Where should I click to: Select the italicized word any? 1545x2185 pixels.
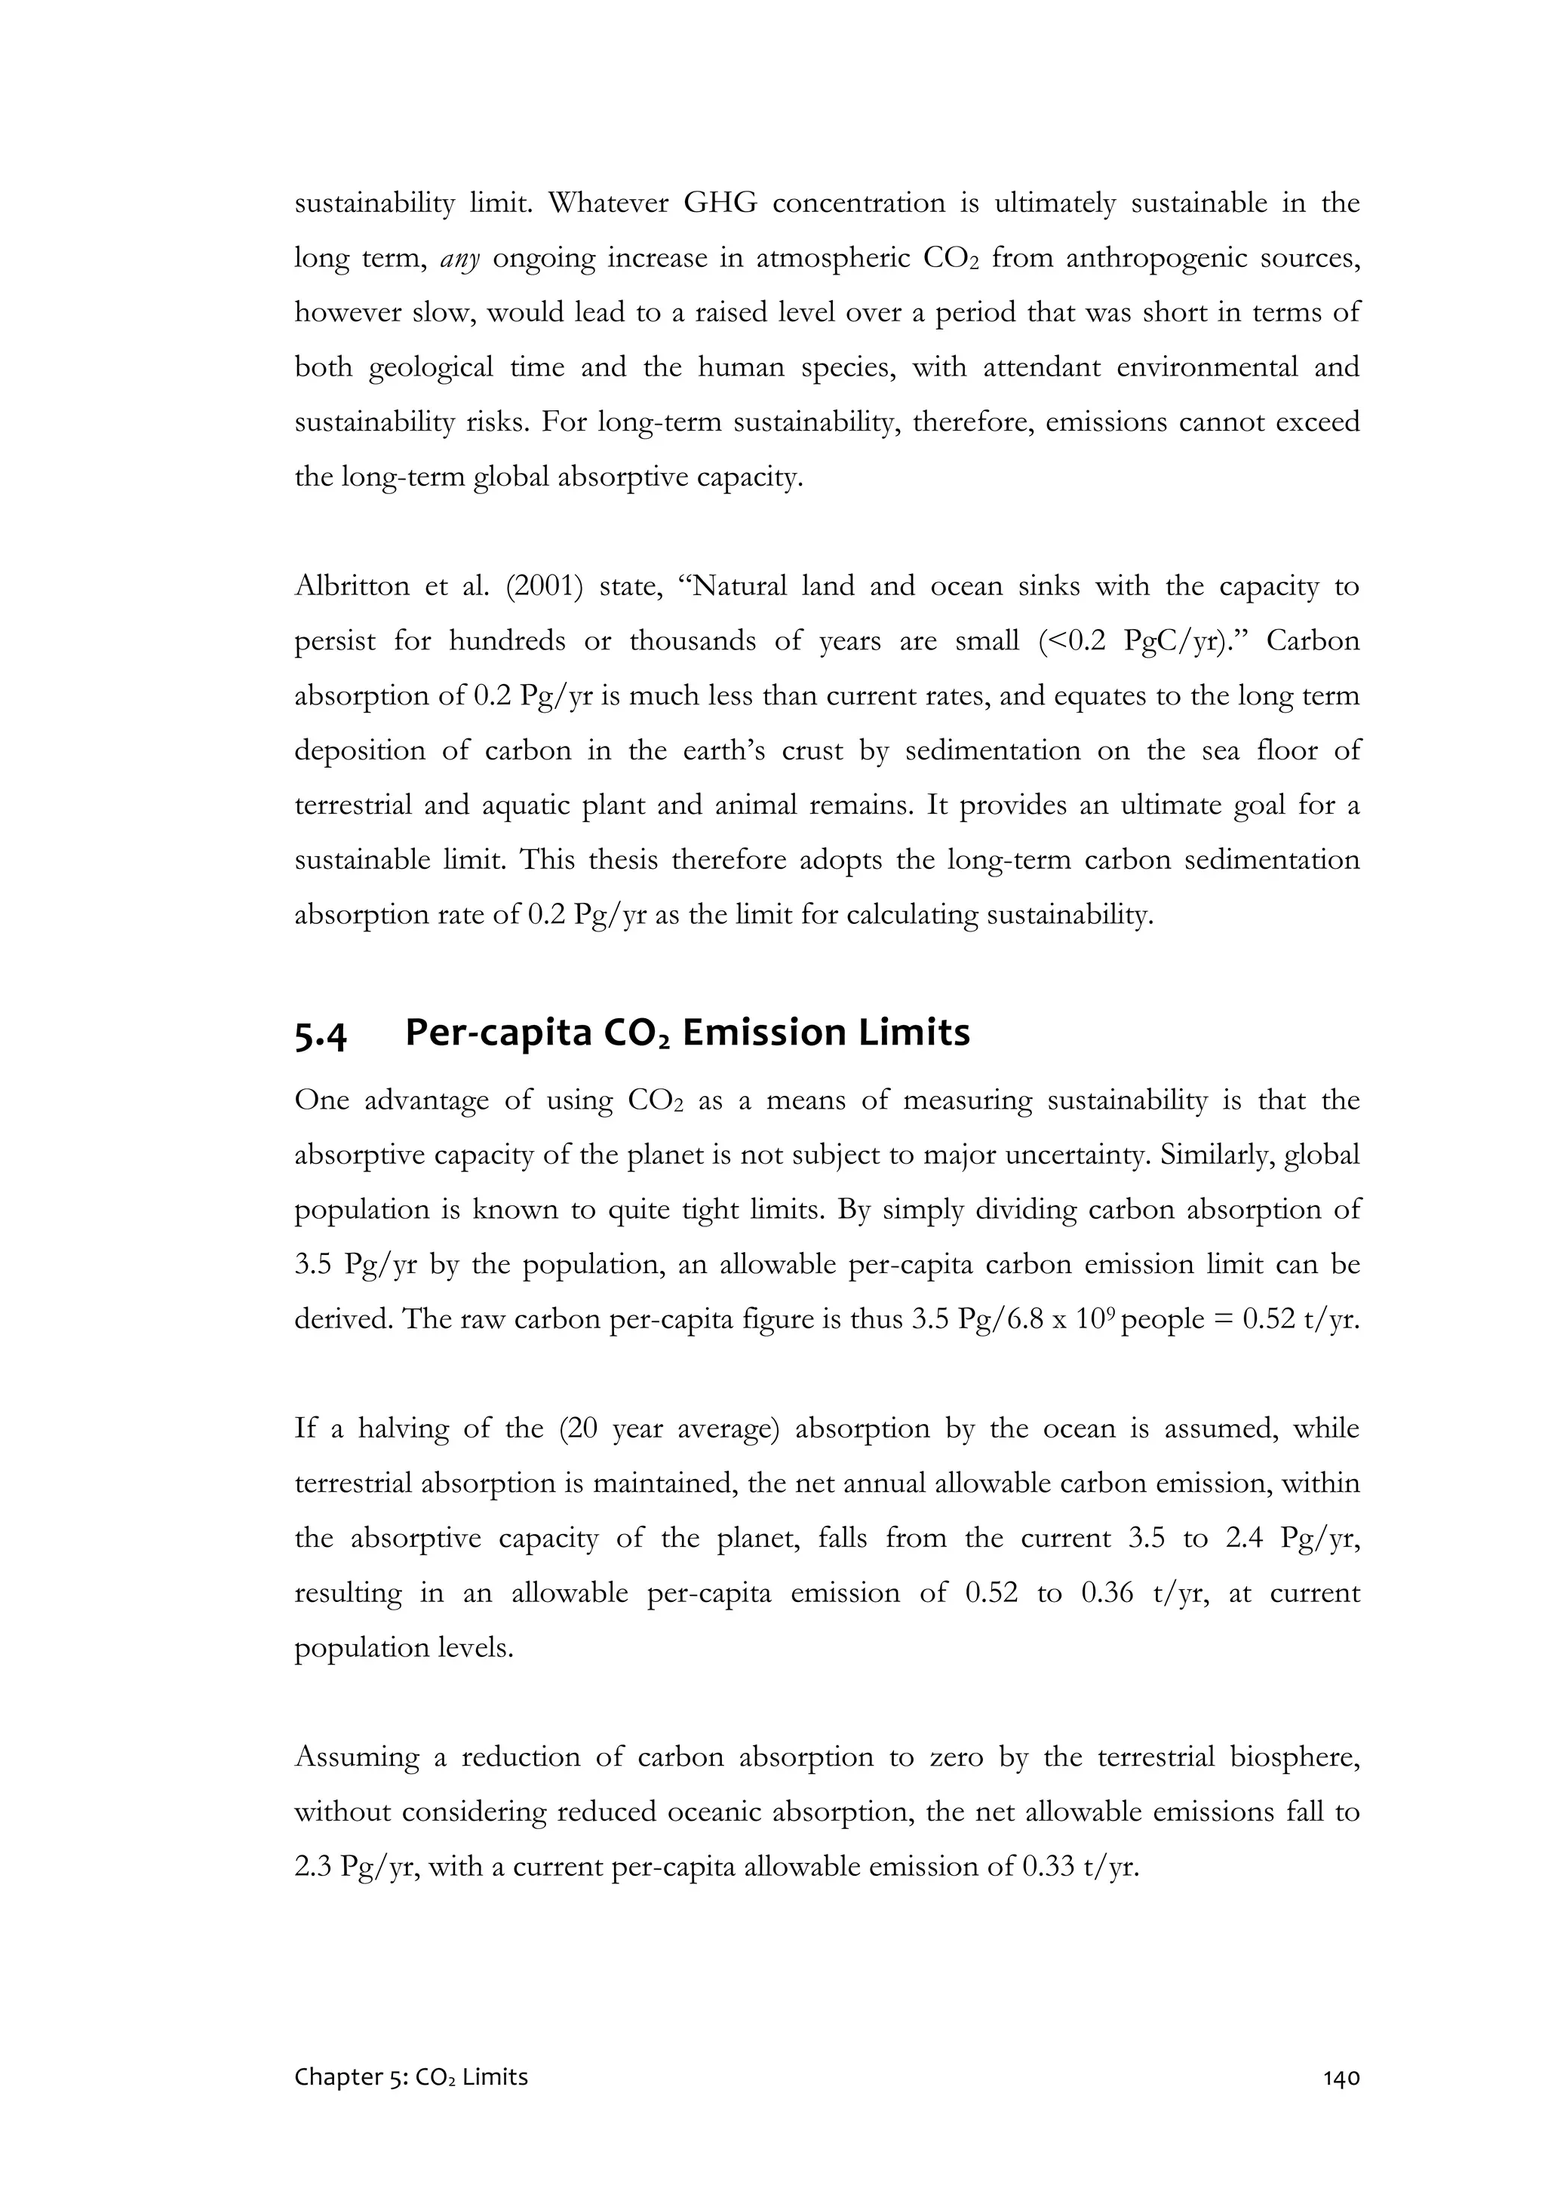coord(461,259)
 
